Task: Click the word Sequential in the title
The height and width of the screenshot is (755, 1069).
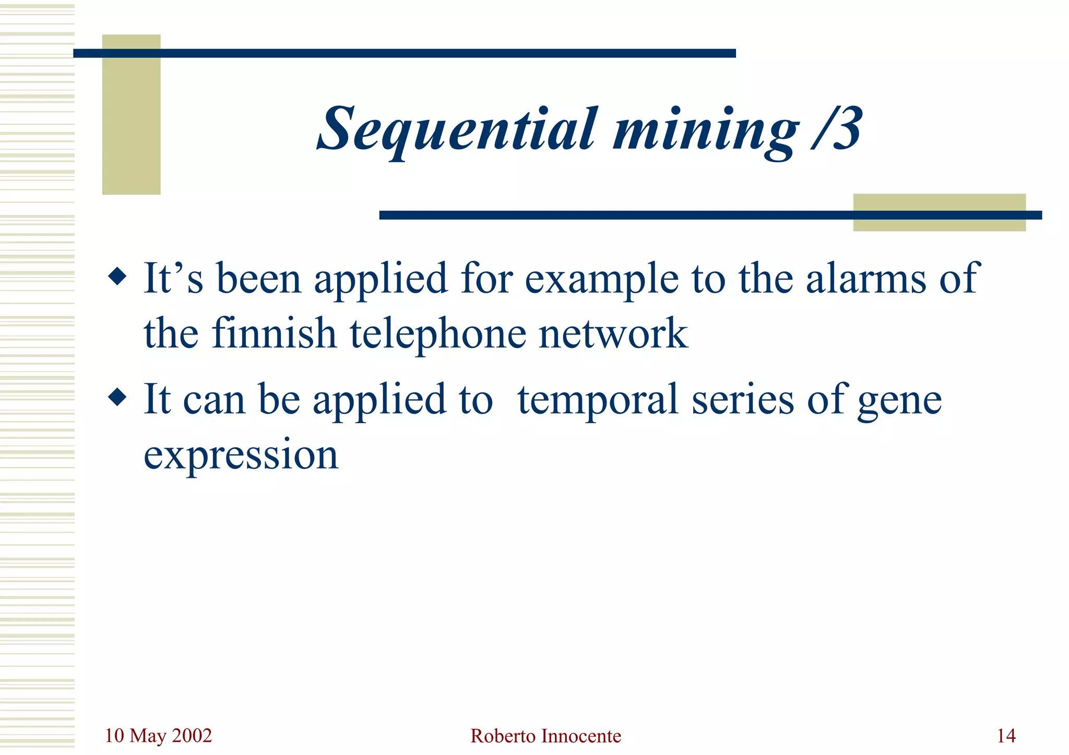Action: coord(457,129)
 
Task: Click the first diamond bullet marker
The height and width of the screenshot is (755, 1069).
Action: coord(117,277)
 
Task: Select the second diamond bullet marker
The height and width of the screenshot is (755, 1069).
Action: coord(117,398)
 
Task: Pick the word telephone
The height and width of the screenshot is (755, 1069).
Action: coord(437,334)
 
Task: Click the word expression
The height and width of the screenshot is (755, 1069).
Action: coord(241,455)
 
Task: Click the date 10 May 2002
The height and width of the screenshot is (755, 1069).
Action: coord(158,736)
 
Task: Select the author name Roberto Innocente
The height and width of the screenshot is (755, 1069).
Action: coord(545,736)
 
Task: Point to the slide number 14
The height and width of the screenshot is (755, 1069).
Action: coord(1006,736)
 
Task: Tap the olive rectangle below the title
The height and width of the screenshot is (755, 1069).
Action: coord(939,224)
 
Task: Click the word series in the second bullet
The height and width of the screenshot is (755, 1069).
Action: coord(743,400)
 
